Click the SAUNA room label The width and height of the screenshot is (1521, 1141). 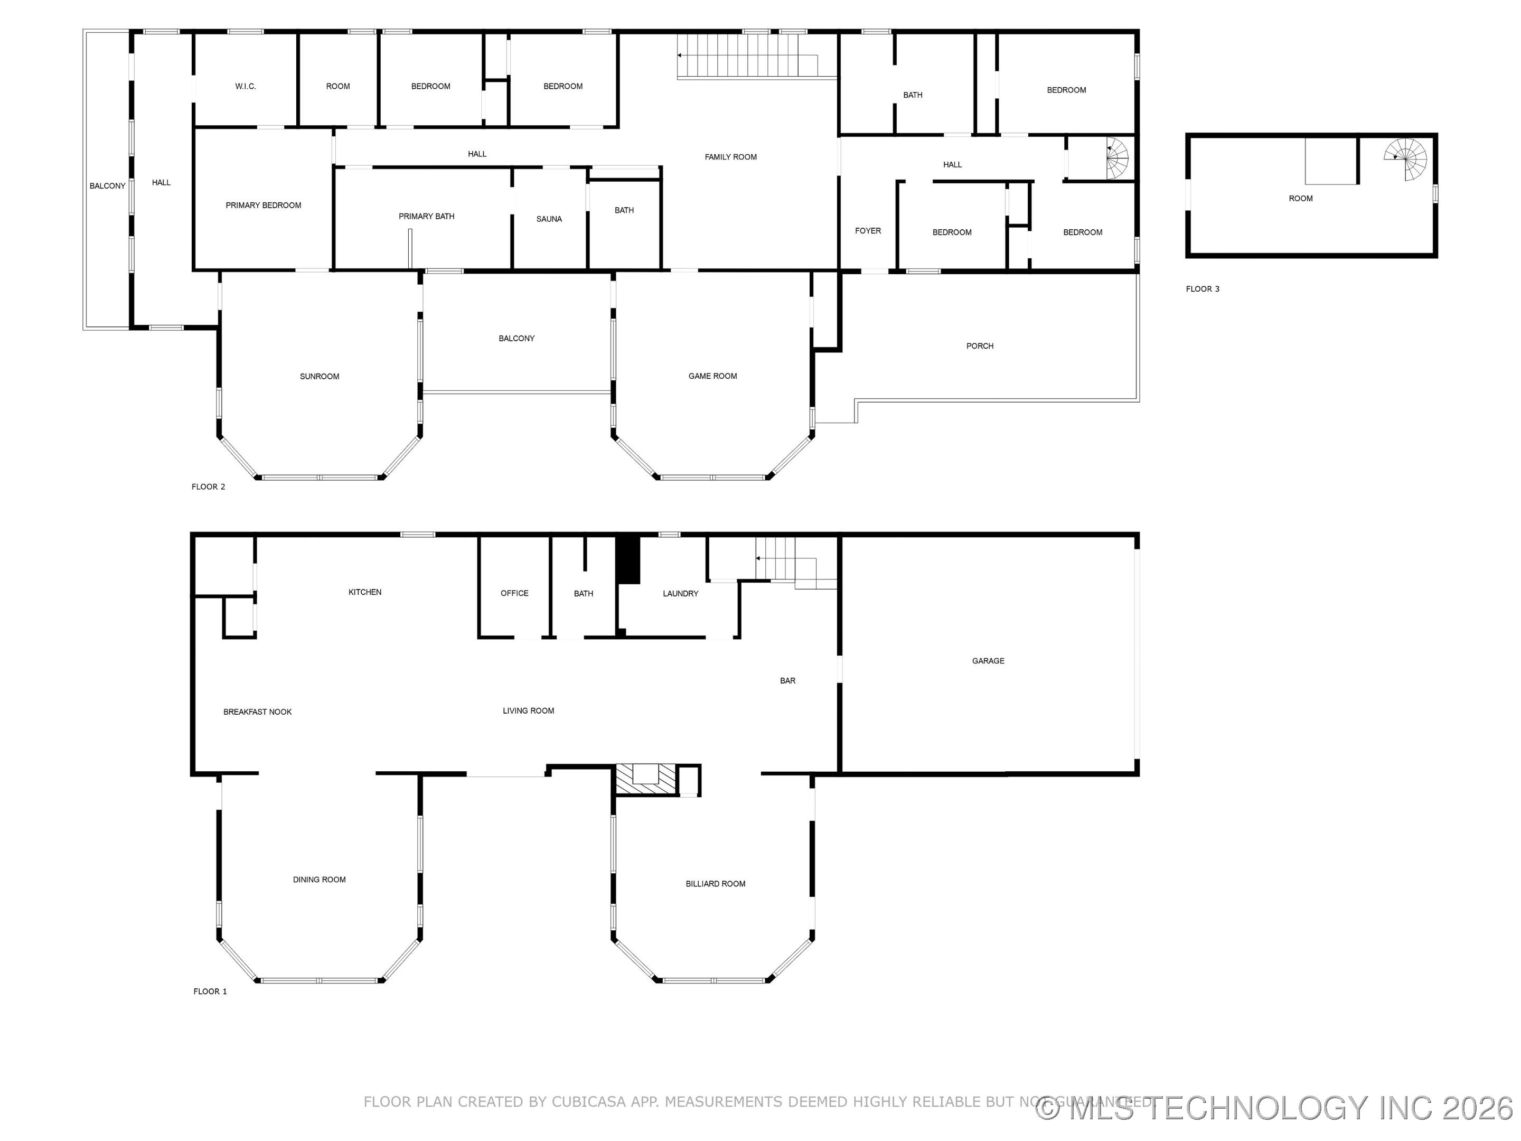(x=549, y=219)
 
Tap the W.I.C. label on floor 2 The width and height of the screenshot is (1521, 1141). (x=246, y=87)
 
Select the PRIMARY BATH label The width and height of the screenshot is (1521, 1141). (x=426, y=217)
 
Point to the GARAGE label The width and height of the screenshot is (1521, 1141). (x=988, y=661)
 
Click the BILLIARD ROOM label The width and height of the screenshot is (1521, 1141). (x=715, y=884)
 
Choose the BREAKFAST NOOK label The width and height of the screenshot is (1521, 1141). (x=257, y=712)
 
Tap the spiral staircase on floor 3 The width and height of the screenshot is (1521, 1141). (x=1407, y=160)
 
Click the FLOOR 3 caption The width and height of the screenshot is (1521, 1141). (x=1202, y=289)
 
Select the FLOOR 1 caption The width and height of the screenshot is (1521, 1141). (x=210, y=991)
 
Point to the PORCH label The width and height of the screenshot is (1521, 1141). (x=979, y=346)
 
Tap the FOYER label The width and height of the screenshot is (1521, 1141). (x=868, y=231)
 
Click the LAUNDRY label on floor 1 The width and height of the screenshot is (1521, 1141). (x=680, y=594)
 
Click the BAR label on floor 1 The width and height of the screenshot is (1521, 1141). (x=787, y=681)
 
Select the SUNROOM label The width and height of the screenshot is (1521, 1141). (x=319, y=376)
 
